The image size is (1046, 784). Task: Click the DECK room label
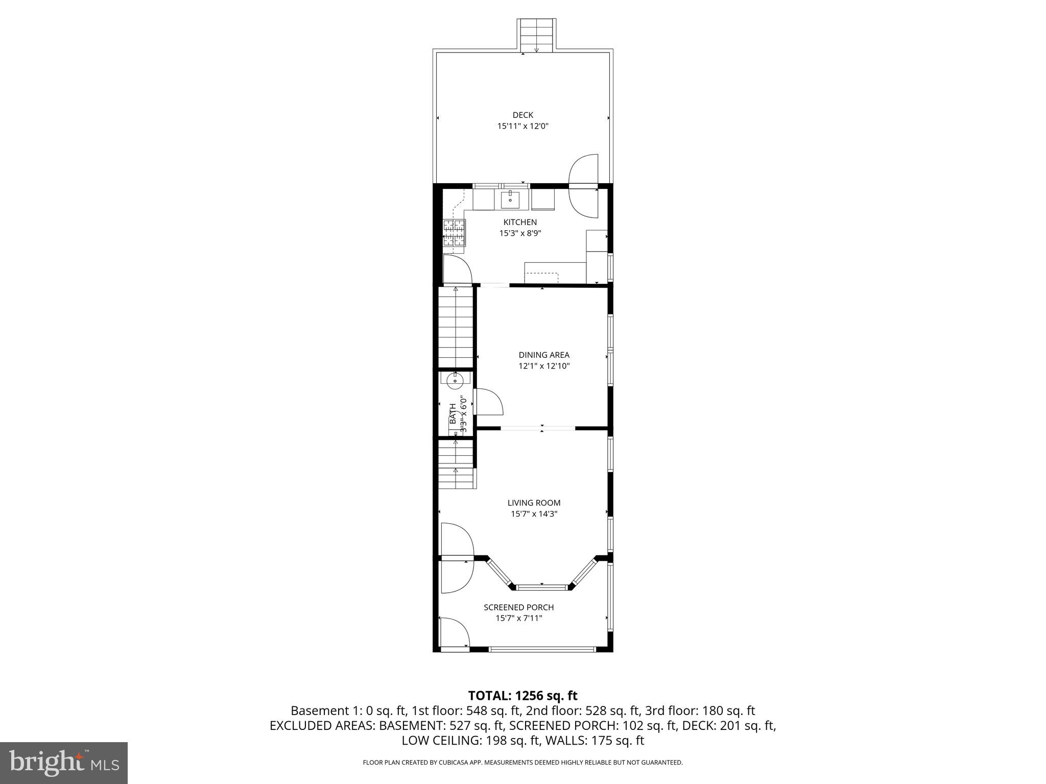[x=522, y=115]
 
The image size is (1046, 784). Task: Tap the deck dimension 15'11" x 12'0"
[x=522, y=126]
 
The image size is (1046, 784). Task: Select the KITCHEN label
[x=520, y=222]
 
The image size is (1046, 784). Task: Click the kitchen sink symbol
[x=510, y=200]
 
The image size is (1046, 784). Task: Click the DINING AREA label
[x=543, y=355]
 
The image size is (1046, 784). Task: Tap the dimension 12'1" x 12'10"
[x=543, y=366]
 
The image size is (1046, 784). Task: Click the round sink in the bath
[x=455, y=380]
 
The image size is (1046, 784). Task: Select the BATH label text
[x=453, y=413]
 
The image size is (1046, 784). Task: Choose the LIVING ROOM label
[x=534, y=503]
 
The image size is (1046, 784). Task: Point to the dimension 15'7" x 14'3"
[x=534, y=514]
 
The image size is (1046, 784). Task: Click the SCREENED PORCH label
[x=518, y=607]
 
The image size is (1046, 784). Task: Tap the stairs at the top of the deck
[x=537, y=35]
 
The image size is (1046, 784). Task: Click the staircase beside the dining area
[x=456, y=327]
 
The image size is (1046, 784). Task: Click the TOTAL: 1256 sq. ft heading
[x=522, y=695]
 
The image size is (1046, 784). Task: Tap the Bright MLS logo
[x=64, y=763]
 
